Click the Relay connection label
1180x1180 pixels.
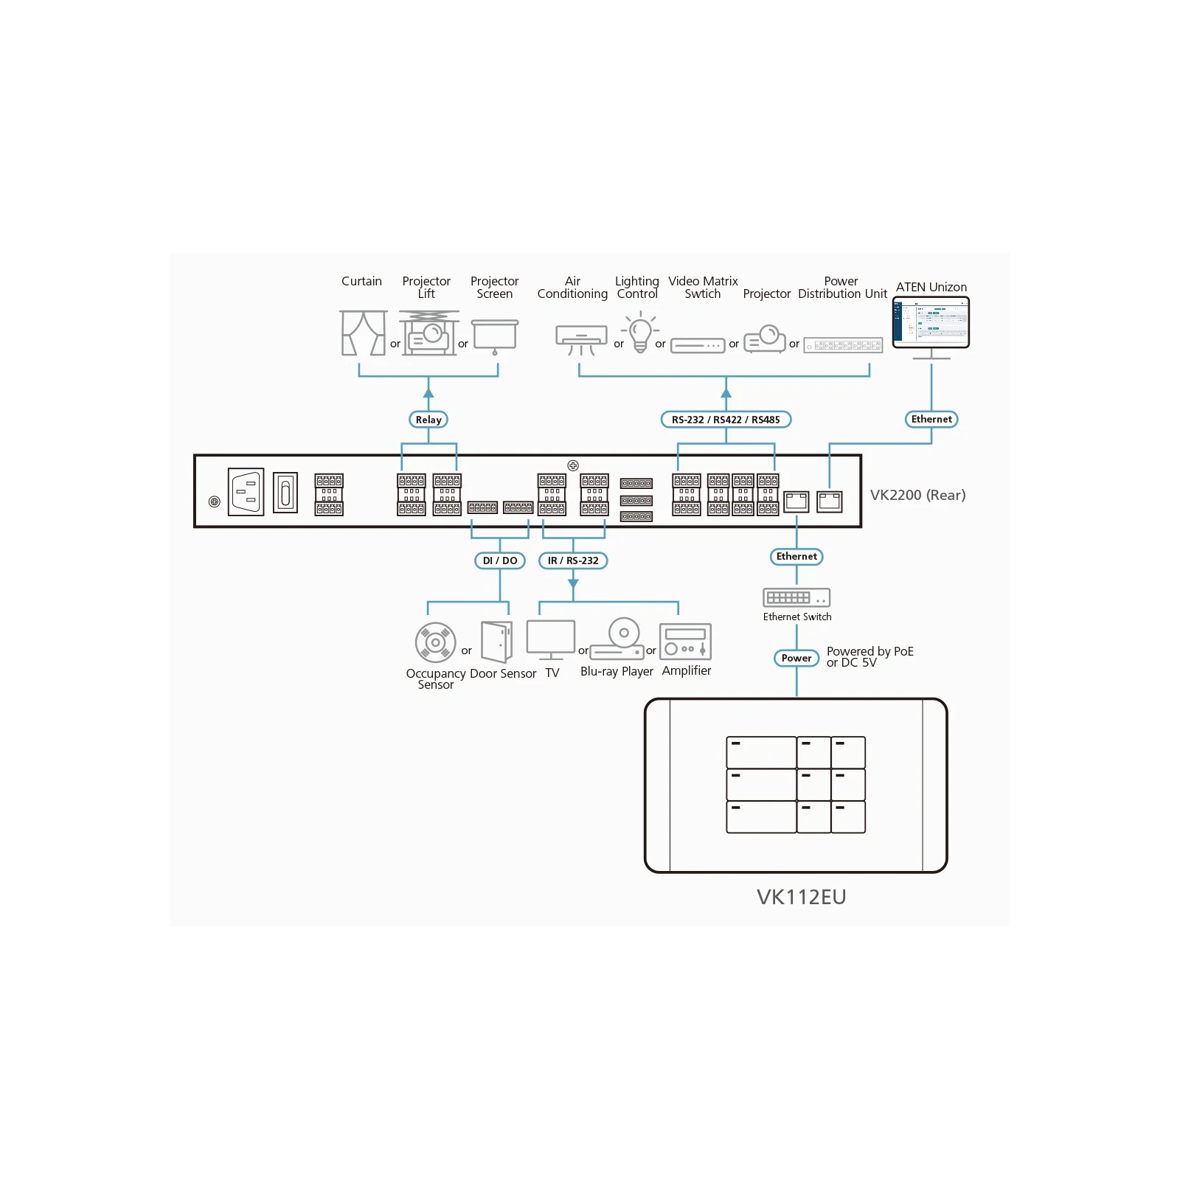coord(428,420)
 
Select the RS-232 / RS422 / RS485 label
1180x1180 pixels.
coord(726,420)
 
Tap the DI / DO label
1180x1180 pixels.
coord(500,560)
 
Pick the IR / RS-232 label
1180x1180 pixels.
coord(573,560)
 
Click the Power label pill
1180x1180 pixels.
coord(796,658)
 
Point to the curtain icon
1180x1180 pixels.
coord(364,333)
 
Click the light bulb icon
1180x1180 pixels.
coord(640,332)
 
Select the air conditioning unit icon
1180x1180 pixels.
coord(581,339)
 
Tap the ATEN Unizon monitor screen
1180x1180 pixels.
coord(931,322)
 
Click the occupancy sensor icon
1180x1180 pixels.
coord(435,642)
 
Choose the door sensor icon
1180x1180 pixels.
coord(496,642)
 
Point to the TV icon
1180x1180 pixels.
coord(551,639)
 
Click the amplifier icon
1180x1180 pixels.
coord(685,642)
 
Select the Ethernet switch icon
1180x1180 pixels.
coord(796,597)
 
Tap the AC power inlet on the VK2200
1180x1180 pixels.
coord(246,492)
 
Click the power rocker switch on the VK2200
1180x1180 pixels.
coord(285,492)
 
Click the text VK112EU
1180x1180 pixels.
coord(802,897)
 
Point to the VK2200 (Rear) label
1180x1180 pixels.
coord(917,495)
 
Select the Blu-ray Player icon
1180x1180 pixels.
coord(618,639)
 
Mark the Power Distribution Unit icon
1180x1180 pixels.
coord(843,345)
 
